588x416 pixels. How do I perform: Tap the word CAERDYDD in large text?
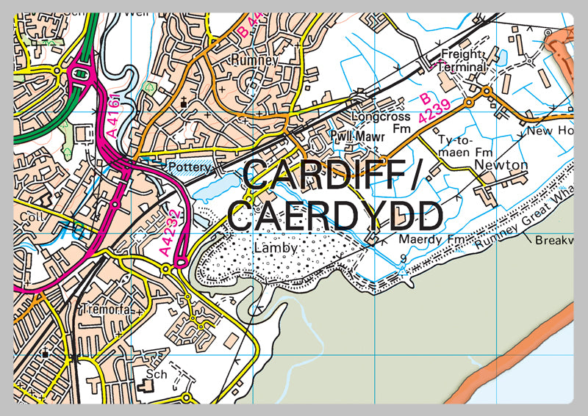(x=335, y=216)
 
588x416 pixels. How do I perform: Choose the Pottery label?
(x=190, y=168)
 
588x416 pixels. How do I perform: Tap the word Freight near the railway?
(x=460, y=54)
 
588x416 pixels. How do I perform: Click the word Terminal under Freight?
(x=463, y=67)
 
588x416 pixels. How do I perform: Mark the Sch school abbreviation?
(x=156, y=374)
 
